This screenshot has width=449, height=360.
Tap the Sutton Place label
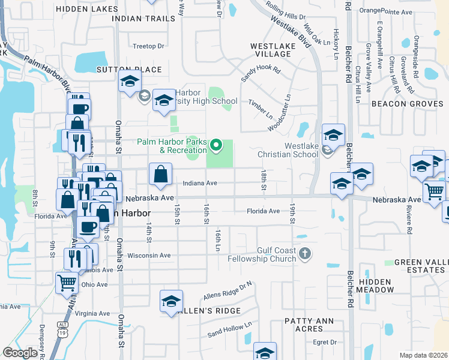[128, 70]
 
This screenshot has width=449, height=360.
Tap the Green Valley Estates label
[420, 266]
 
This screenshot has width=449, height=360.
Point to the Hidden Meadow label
[375, 286]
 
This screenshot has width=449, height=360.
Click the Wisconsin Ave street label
[149, 255]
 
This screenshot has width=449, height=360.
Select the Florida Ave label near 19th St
[265, 211]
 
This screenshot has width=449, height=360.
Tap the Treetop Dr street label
[148, 46]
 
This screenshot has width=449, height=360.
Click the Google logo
[20, 353]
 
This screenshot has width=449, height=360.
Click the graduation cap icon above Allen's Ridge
[171, 301]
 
